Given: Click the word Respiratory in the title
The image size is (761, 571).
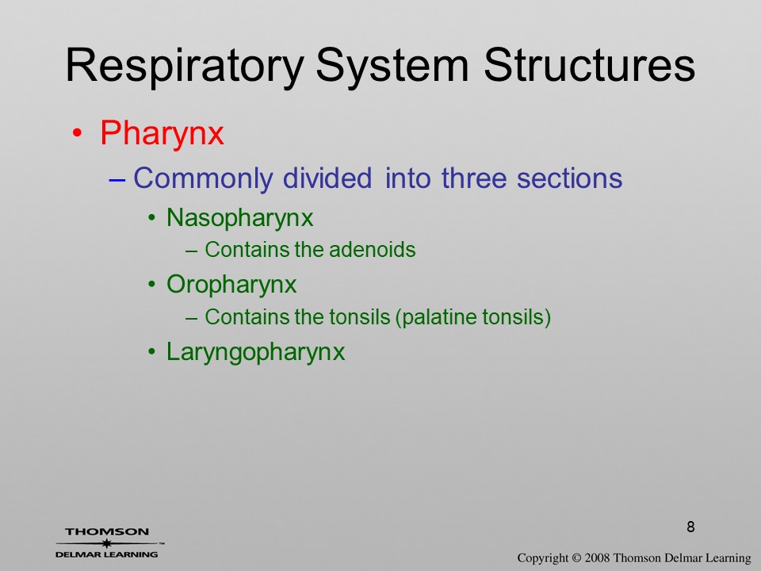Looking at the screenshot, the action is (185, 67).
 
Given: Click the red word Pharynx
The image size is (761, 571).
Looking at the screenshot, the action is (162, 133).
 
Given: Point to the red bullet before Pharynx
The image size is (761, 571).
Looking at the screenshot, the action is (77, 132).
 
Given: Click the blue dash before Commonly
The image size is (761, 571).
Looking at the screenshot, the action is (117, 179).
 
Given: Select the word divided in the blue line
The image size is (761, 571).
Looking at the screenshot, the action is (327, 178).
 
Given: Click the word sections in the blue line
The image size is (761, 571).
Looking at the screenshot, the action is (570, 178).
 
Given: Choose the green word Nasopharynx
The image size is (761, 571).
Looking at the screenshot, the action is (239, 218).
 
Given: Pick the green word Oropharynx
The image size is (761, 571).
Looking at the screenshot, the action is (231, 285).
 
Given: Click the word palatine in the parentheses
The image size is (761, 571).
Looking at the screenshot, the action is (435, 317).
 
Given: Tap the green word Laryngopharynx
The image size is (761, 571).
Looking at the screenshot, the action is (256, 352).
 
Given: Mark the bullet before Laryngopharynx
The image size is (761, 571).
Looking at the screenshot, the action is (152, 351).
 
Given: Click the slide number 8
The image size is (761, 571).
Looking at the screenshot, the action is (690, 527).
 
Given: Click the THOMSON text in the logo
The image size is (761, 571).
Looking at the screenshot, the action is (107, 531).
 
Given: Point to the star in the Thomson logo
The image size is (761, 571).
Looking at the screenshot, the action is (106, 543).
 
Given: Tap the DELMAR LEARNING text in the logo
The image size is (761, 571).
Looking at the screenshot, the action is (107, 554).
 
